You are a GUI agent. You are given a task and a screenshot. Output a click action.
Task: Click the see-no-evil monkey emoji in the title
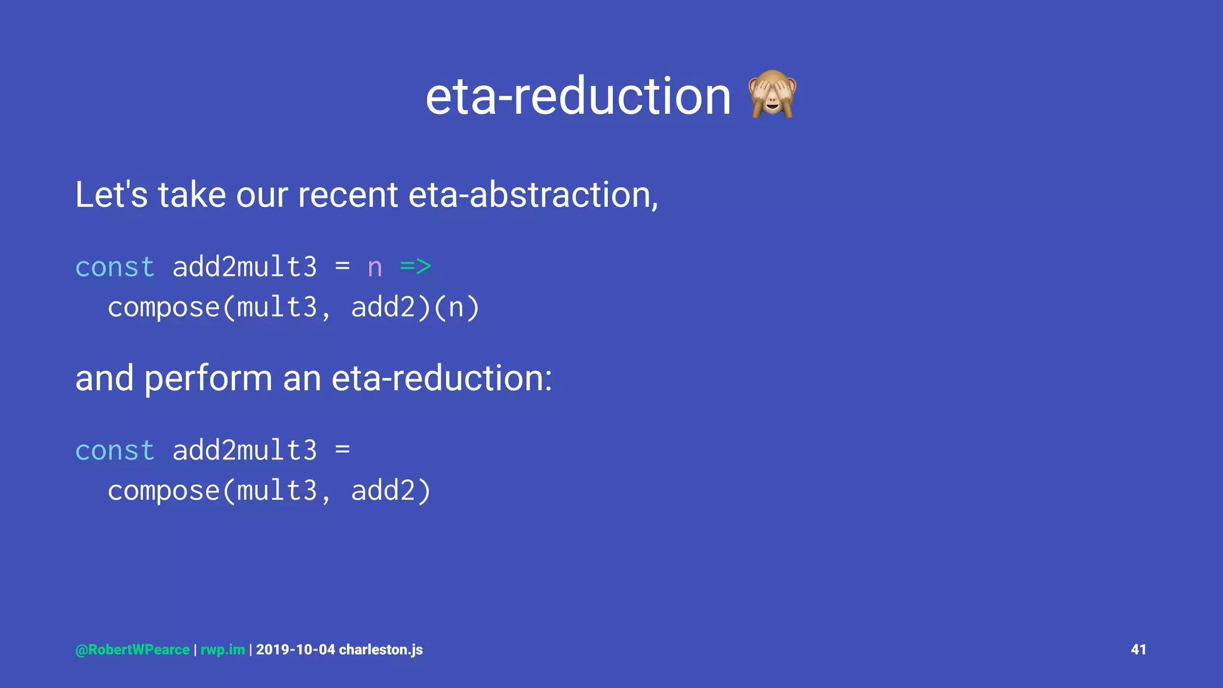pos(772,94)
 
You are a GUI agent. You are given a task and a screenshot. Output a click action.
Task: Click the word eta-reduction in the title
pos(577,97)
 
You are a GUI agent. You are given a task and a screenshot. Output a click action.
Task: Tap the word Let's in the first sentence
pos(111,195)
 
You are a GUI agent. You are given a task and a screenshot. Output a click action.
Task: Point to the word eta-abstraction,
pos(533,195)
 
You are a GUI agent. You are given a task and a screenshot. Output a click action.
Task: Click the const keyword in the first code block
pos(115,267)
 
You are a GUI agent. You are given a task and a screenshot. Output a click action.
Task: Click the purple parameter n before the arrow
pos(374,268)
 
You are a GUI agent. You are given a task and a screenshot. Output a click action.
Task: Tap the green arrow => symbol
pos(416,267)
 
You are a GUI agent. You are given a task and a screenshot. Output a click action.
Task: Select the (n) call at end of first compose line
pos(456,308)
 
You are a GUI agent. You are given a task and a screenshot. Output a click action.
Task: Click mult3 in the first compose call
pos(276,308)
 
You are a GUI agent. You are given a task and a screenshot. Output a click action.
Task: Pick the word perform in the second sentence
pos(208,379)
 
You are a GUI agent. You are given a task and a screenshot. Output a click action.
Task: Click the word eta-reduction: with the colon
pos(442,378)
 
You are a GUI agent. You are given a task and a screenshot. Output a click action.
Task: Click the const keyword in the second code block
pos(115,450)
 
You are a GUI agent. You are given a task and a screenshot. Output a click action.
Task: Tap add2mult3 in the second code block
pos(244,450)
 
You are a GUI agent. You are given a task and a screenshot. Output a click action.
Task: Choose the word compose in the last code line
pos(164,492)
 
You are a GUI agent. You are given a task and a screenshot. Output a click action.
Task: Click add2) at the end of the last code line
pos(391,492)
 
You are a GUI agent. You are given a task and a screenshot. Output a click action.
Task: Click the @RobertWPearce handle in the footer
pos(133,650)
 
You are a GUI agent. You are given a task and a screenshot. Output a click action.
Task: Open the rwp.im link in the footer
pos(223,650)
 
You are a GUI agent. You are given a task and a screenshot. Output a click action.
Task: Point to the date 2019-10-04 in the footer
pos(296,650)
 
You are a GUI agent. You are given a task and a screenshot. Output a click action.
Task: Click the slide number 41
pos(1138,650)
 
